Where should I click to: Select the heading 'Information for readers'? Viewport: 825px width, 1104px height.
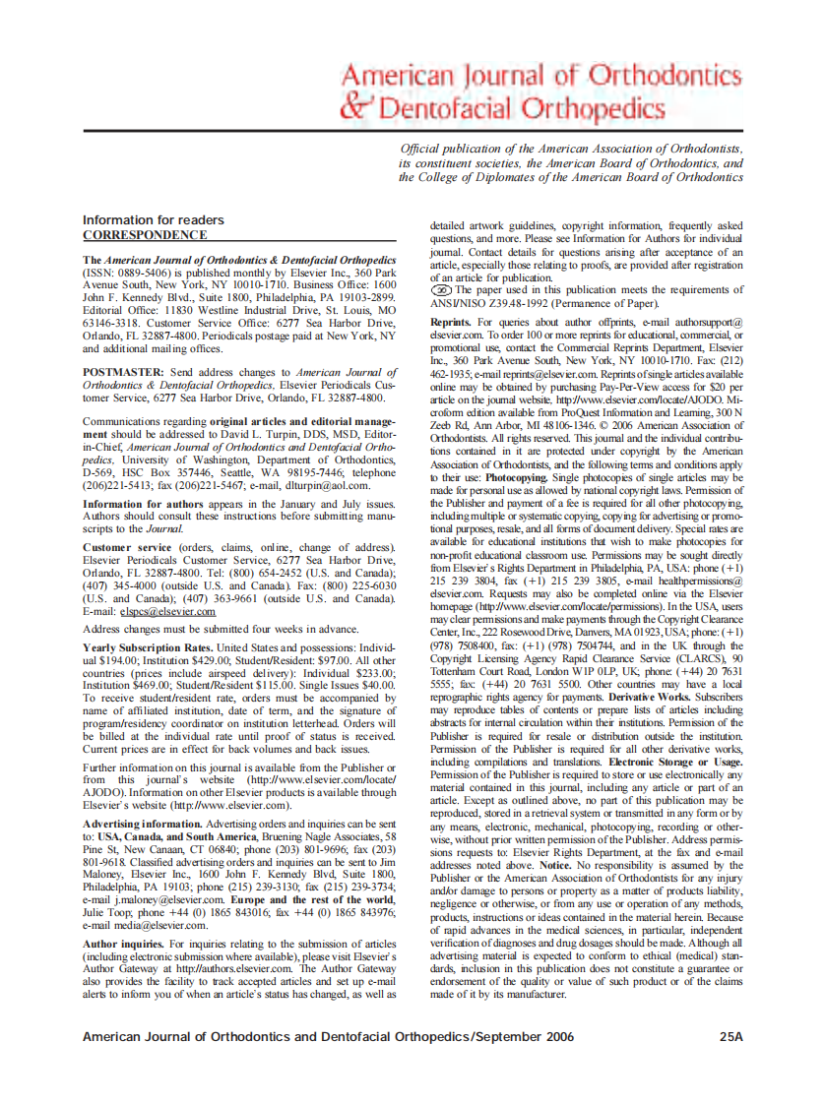tap(153, 219)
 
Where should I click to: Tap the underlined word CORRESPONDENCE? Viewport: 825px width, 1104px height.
tap(144, 235)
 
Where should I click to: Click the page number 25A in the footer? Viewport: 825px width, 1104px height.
tap(730, 1036)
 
